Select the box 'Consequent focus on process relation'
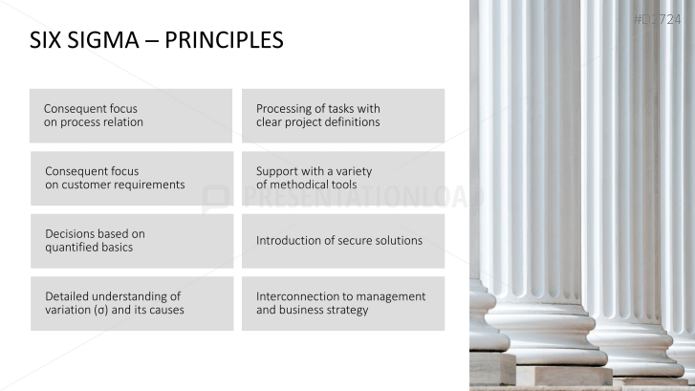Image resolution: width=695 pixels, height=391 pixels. pyautogui.click(x=131, y=116)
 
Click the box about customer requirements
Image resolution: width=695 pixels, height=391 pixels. pyautogui.click(x=131, y=178)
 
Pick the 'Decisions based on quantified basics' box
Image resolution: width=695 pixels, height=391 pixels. pyautogui.click(x=131, y=240)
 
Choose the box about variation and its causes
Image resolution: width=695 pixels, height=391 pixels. pyautogui.click(x=131, y=303)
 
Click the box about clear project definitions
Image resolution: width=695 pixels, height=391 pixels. pyautogui.click(x=342, y=116)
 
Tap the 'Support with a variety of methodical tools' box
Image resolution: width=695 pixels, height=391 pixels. pyautogui.click(x=342, y=178)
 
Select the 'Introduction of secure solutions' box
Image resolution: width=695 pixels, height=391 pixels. pyautogui.click(x=342, y=240)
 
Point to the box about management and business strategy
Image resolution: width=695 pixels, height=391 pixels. pyautogui.click(x=342, y=303)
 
